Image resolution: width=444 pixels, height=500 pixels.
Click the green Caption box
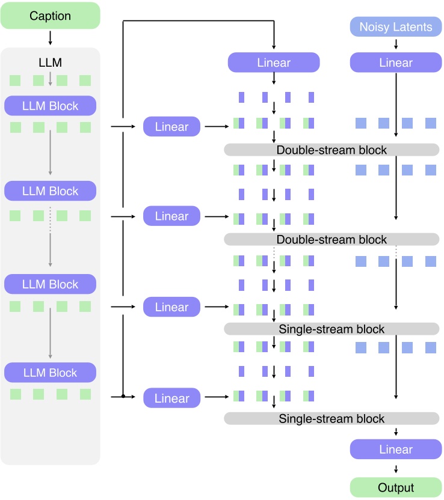coord(50,16)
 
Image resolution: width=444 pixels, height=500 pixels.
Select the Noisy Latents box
coord(395,27)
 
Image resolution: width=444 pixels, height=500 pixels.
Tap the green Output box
coord(395,487)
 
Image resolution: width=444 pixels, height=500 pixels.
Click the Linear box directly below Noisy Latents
coord(395,62)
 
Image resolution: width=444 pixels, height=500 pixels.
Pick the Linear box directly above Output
coord(395,450)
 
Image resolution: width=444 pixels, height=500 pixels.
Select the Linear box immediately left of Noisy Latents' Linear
coord(274,62)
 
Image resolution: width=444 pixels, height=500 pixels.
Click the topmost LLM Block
coord(50,106)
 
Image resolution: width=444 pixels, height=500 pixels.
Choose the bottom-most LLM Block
coord(50,373)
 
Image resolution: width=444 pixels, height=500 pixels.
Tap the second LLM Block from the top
coord(50,191)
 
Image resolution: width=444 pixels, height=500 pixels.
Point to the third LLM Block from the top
coord(50,284)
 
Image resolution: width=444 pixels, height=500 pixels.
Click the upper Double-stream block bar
coord(331,150)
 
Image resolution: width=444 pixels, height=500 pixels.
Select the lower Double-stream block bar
coord(331,240)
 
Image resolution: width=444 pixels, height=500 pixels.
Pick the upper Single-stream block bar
coord(331,329)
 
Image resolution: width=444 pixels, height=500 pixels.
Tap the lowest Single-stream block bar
coord(331,419)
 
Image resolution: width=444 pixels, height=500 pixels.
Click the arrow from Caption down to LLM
coord(50,38)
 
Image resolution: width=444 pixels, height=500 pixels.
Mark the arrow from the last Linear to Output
coord(395,469)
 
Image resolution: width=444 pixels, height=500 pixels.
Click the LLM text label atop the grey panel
coord(50,62)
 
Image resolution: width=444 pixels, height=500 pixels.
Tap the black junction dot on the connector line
coord(123,397)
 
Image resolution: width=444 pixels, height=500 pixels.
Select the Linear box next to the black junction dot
coord(171,398)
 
